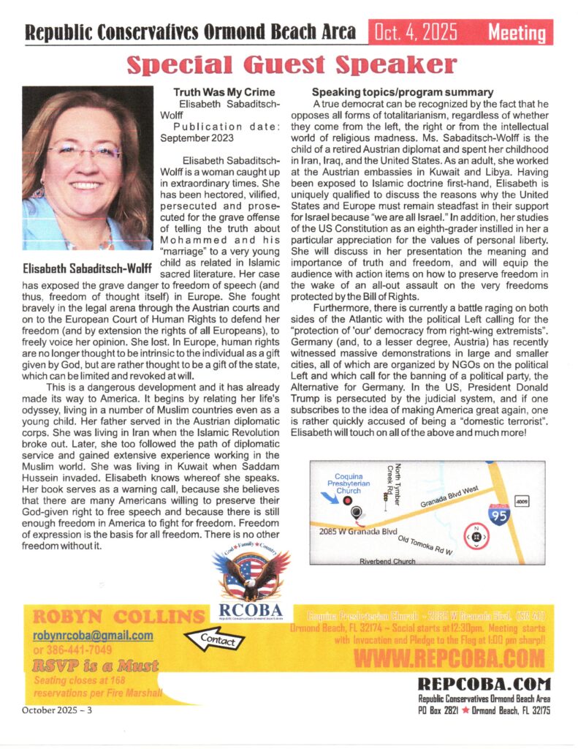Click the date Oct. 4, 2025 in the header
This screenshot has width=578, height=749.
point(416,31)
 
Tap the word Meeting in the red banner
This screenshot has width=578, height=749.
point(517,33)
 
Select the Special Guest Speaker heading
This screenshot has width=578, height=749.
point(292,65)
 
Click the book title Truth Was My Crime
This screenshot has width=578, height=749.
point(224,92)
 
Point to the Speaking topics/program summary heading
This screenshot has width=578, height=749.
point(403,92)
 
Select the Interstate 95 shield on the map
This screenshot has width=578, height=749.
point(500,516)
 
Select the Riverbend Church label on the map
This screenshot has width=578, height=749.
point(387,561)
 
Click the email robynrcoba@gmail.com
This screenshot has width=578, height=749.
point(93,636)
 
